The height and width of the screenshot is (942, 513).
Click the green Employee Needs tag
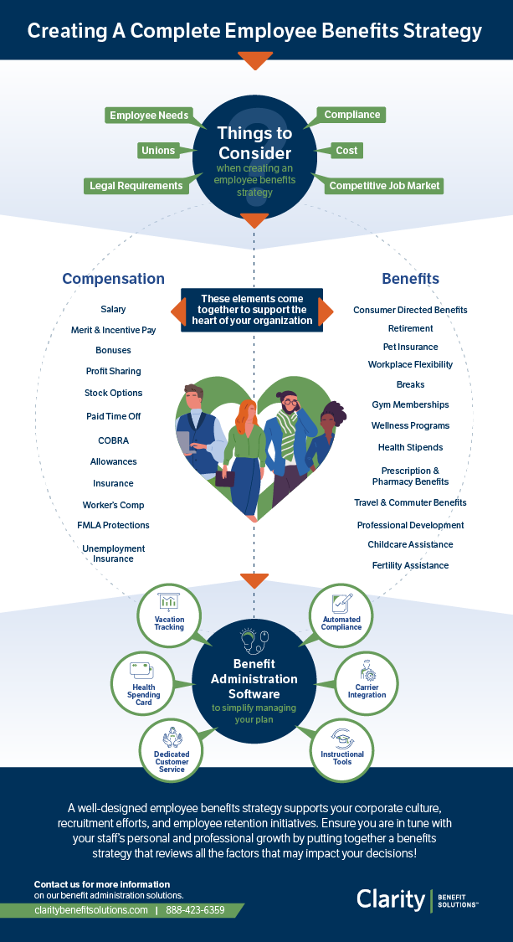click(x=149, y=116)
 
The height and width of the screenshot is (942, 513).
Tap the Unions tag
click(x=158, y=151)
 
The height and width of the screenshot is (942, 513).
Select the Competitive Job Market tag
click(x=385, y=186)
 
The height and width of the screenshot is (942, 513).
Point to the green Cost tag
click(x=346, y=151)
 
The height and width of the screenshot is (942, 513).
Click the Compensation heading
click(x=113, y=279)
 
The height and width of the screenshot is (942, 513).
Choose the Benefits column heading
click(x=410, y=279)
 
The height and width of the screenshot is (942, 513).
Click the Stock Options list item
click(x=113, y=393)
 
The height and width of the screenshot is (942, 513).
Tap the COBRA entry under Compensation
click(x=113, y=440)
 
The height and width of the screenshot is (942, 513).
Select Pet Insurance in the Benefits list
click(x=410, y=347)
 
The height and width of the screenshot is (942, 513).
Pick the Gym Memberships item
click(x=410, y=404)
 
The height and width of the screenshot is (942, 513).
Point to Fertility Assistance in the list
click(x=410, y=565)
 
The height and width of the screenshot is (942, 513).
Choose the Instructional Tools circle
click(x=341, y=748)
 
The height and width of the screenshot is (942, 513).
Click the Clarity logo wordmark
click(x=391, y=899)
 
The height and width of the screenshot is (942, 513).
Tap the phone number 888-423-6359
click(x=195, y=910)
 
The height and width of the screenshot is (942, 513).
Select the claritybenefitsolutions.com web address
click(x=91, y=910)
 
